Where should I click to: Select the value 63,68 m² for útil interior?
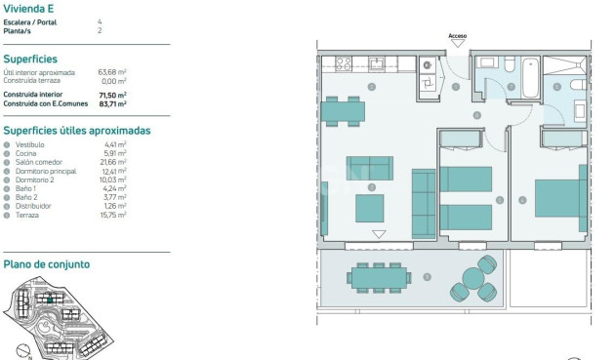coord(113,72)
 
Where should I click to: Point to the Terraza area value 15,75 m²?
coord(115,215)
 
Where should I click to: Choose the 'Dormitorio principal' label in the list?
coord(45,171)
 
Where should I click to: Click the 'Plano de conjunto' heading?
coord(46,264)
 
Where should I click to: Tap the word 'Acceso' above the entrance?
coord(457,36)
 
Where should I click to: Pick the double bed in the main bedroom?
coord(558,196)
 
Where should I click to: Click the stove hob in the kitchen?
coord(345,63)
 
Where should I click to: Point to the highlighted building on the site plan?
coord(70,314)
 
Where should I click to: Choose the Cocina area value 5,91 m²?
coord(115,153)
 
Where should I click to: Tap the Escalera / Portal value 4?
coord(100,20)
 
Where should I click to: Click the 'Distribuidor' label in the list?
coord(33,206)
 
